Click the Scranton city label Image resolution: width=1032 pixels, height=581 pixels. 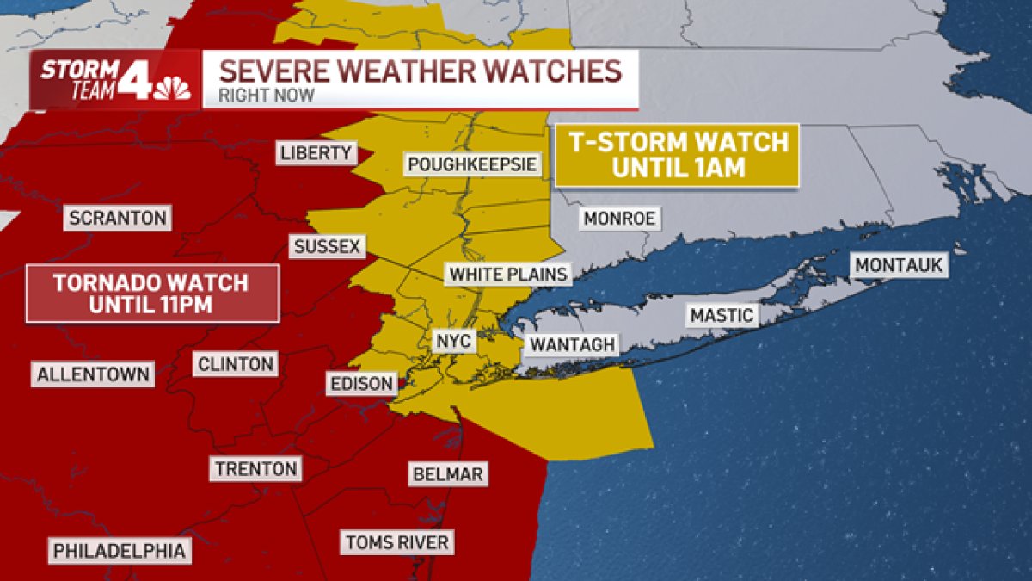(x=118, y=218)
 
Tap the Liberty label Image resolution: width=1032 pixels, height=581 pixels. (x=316, y=153)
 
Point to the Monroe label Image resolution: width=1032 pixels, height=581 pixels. (x=619, y=219)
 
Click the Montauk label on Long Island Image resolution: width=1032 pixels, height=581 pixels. (x=899, y=265)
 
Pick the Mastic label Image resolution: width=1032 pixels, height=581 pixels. (x=722, y=316)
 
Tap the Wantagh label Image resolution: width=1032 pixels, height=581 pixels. (x=572, y=345)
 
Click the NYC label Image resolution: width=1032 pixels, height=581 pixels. (x=453, y=342)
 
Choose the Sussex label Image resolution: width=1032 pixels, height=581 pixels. (x=327, y=247)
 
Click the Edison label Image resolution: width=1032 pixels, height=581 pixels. (x=362, y=383)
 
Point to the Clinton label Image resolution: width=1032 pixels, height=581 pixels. (x=236, y=364)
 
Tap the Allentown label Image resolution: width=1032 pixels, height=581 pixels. (x=94, y=374)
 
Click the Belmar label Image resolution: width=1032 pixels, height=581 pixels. (x=447, y=473)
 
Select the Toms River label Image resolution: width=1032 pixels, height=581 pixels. (x=396, y=542)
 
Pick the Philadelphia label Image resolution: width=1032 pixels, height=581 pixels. (x=120, y=551)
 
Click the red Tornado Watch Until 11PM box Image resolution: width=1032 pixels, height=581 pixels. (x=152, y=294)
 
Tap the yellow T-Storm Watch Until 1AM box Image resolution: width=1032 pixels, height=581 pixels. (x=676, y=155)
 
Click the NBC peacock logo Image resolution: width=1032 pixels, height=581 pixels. (x=172, y=89)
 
